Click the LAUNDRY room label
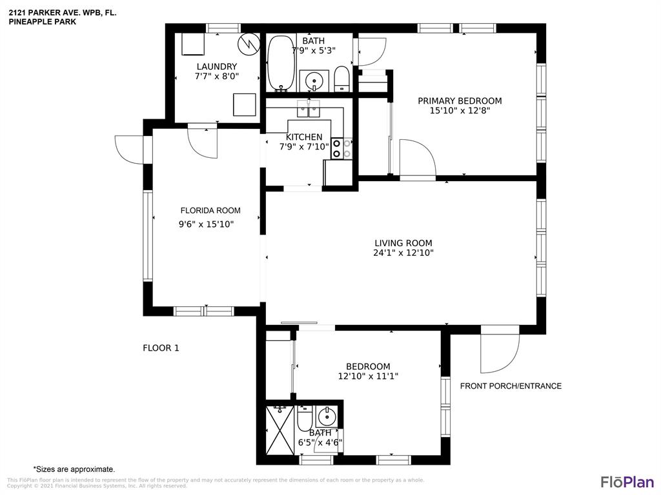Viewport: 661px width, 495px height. click(217, 66)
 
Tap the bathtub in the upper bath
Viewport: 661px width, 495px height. click(281, 63)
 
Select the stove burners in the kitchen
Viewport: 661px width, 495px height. click(342, 149)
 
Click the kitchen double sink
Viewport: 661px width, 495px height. click(308, 108)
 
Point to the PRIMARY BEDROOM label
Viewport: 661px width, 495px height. click(460, 101)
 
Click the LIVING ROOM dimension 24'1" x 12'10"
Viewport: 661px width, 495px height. click(403, 253)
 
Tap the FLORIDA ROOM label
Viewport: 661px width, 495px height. click(210, 211)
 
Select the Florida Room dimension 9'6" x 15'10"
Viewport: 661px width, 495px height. click(206, 224)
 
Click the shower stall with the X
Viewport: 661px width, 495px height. click(280, 430)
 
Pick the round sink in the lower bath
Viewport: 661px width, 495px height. click(326, 417)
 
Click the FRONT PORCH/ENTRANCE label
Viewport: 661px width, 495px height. click(511, 386)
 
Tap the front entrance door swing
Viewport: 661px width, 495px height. click(500, 354)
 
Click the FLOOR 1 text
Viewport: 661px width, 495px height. click(161, 348)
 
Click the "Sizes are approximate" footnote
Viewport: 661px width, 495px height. click(74, 469)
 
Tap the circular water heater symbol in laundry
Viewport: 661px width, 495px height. click(247, 43)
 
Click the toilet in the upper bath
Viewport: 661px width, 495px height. click(342, 79)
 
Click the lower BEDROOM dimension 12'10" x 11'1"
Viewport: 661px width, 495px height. click(368, 376)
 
